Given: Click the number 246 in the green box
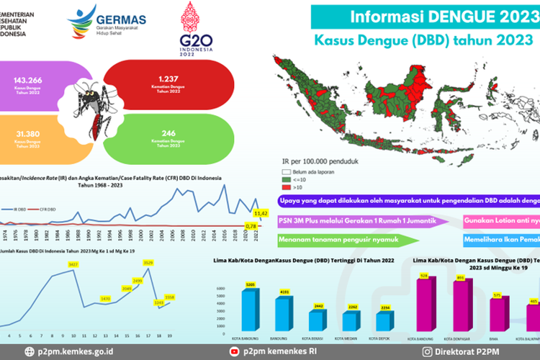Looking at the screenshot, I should (168, 132).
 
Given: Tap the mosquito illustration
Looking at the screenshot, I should (87, 108).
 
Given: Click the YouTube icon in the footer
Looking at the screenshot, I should (233, 351).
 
